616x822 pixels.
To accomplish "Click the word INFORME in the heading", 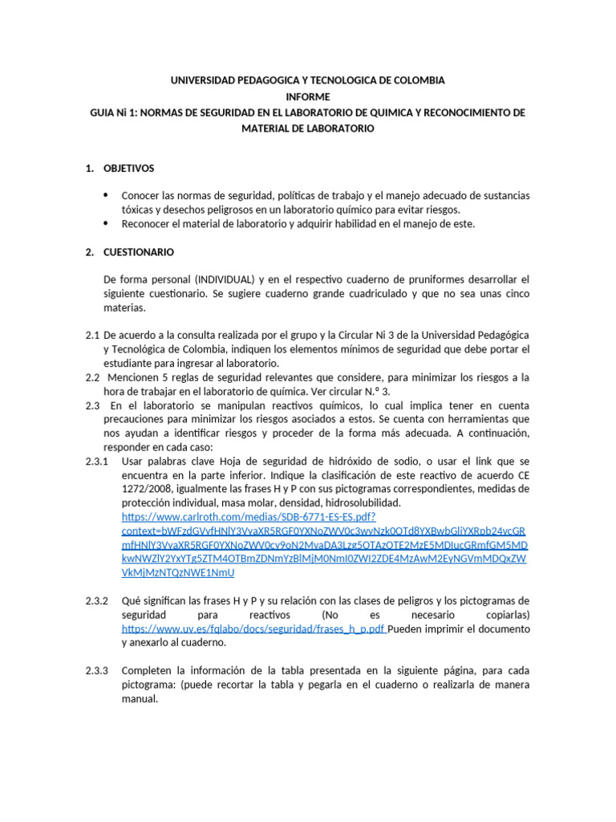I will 308,97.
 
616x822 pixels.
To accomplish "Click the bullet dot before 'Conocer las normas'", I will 106,196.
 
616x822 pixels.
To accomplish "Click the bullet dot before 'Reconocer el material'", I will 106,224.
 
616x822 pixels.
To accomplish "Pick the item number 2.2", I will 92,377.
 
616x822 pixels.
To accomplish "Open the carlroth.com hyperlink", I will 249,517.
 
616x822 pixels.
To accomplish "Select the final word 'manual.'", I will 140,698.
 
